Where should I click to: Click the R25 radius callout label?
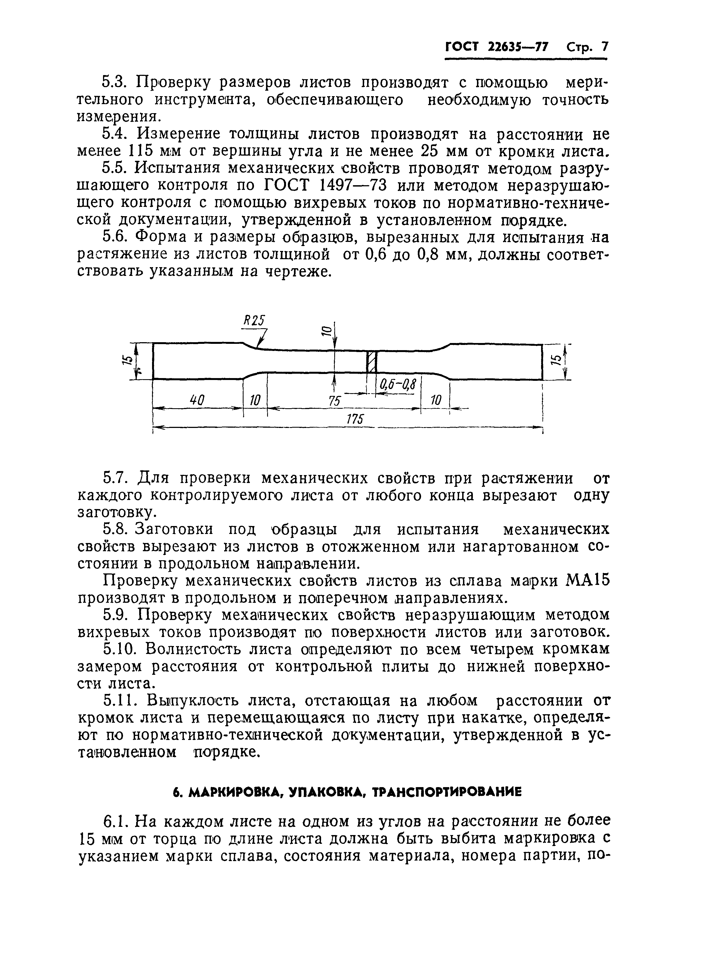click(x=254, y=321)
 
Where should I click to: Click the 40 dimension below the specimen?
click(x=197, y=401)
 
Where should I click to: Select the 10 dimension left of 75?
click(x=255, y=401)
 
